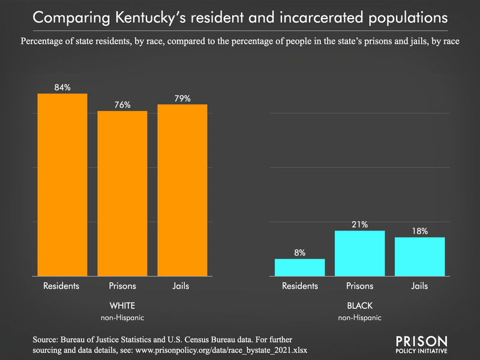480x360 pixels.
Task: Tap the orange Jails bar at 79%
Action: pos(182,190)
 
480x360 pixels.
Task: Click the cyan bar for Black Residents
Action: pos(300,268)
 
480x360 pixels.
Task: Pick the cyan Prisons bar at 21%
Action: pos(359,253)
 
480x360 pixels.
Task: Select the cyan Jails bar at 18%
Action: pos(419,257)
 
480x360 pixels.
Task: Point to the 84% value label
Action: pos(62,88)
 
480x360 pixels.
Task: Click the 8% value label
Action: pos(300,253)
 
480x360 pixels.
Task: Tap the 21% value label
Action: pos(359,224)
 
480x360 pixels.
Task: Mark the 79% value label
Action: pos(182,98)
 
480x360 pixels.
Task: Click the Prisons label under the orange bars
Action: pos(122,286)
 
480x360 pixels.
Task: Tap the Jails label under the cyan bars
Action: pos(419,286)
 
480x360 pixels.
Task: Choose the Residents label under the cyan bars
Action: pos(300,286)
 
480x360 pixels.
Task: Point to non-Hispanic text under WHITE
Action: pos(122,317)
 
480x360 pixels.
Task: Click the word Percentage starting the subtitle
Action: pos(47,41)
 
